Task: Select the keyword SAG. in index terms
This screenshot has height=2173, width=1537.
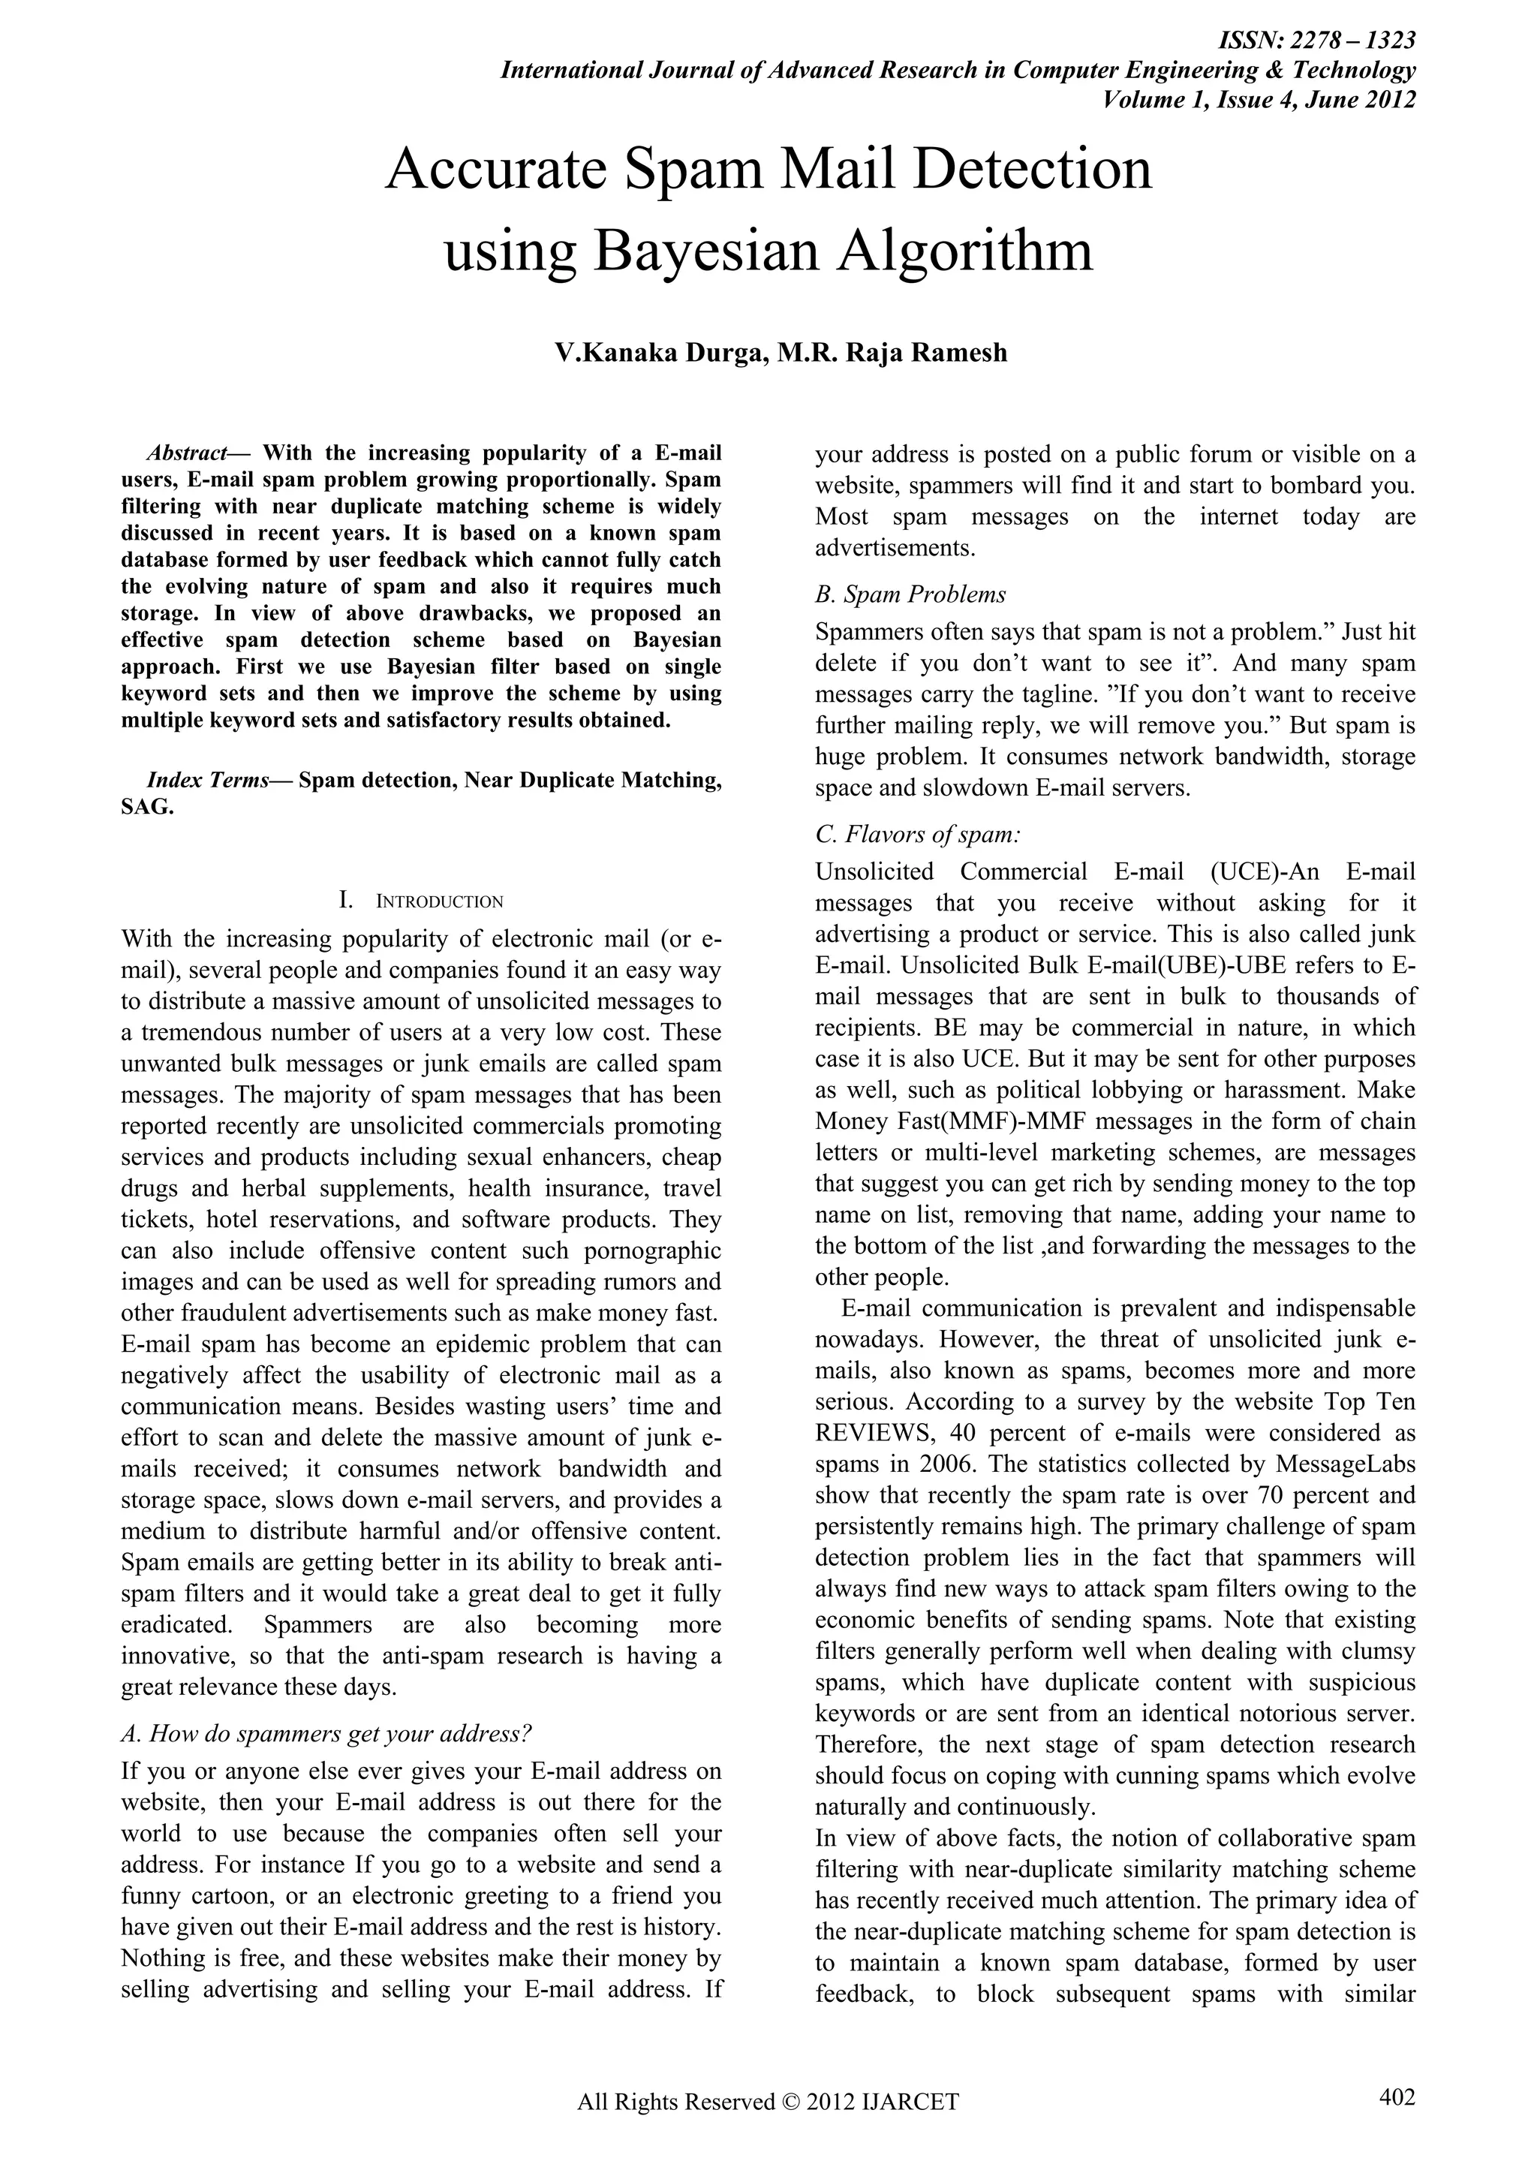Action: (148, 809)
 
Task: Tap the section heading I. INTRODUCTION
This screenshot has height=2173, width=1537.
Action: (421, 901)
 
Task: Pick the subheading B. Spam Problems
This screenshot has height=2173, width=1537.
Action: (910, 594)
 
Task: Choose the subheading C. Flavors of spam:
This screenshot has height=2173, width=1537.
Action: (917, 835)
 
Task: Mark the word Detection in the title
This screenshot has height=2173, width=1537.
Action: (1033, 170)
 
